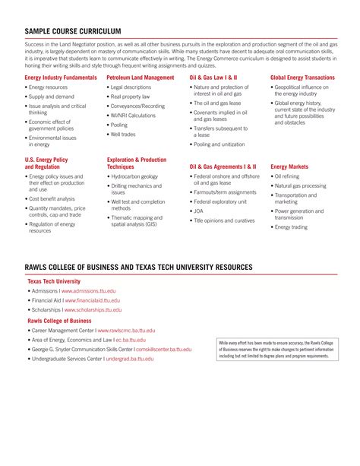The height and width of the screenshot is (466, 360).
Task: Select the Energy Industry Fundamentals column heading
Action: click(x=61, y=78)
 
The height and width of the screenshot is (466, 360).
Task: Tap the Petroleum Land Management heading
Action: click(x=141, y=78)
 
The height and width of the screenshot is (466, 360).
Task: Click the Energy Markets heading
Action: click(x=289, y=166)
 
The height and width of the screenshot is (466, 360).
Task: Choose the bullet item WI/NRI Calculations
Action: click(x=133, y=116)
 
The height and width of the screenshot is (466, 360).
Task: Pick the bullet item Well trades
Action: click(x=123, y=135)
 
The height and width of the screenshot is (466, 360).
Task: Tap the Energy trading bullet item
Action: click(x=291, y=227)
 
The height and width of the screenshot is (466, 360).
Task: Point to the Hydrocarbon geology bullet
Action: click(x=134, y=176)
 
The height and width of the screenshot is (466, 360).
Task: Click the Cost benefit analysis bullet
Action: click(x=56, y=198)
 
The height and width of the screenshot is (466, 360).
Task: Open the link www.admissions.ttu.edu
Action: click(x=89, y=291)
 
